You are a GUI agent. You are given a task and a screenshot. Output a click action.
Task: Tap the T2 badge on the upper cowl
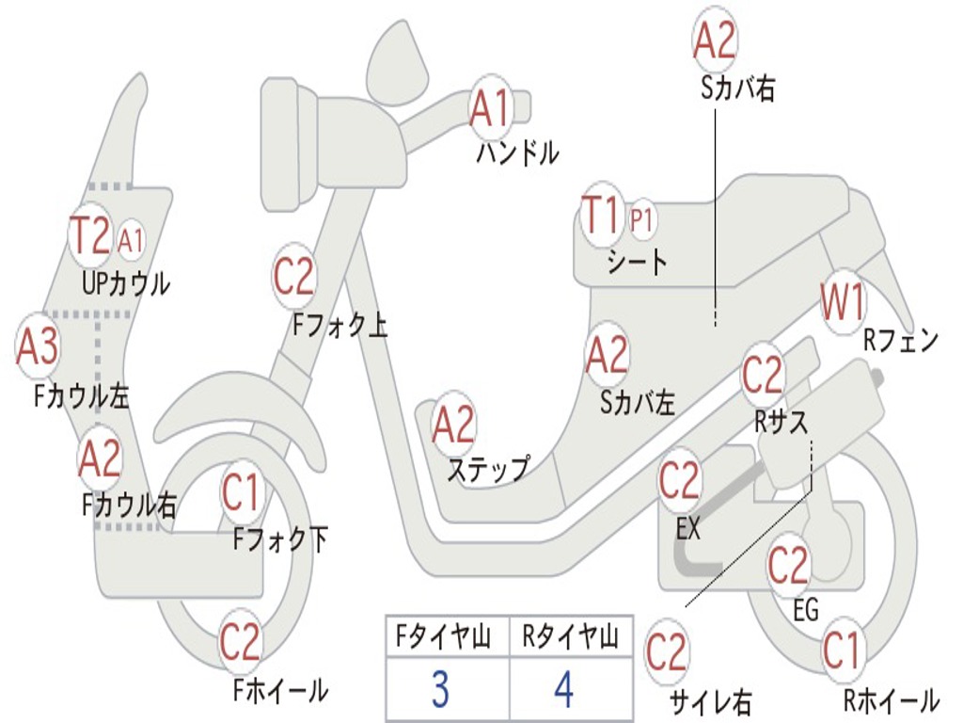tap(91, 236)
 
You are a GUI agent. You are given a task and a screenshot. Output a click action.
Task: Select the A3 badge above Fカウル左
tap(38, 346)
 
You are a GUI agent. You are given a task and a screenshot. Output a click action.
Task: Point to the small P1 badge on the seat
tap(642, 220)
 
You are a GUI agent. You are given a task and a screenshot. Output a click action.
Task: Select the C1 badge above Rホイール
tap(842, 651)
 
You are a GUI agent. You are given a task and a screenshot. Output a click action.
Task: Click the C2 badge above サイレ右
tap(667, 651)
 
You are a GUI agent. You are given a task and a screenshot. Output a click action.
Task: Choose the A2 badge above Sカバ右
tap(715, 40)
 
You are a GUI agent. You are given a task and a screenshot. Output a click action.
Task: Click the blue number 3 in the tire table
tap(440, 691)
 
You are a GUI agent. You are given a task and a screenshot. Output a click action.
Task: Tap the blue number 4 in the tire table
tap(563, 691)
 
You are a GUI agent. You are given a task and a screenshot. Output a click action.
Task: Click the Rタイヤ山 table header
tap(570, 640)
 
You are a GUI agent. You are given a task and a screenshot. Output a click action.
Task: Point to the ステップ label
tap(487, 468)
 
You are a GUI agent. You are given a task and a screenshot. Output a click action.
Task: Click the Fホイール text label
tap(280, 690)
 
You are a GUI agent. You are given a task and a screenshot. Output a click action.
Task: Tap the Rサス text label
tap(781, 422)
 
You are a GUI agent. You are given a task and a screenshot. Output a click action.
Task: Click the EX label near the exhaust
tap(688, 529)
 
